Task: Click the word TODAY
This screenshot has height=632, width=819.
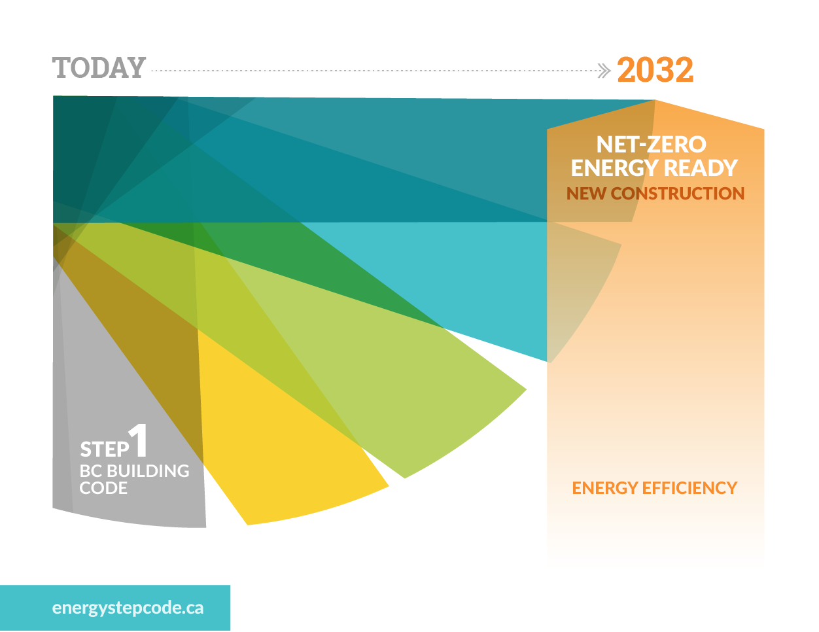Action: pos(99,68)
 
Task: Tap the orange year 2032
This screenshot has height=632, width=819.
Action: pos(655,70)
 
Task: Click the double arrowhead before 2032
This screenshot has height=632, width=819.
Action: pos(604,71)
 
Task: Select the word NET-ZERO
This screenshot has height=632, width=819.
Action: pos(652,145)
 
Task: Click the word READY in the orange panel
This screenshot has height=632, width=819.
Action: pos(701,168)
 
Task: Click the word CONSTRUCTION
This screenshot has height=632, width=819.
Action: pos(678,194)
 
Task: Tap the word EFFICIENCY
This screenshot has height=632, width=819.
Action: pos(689,488)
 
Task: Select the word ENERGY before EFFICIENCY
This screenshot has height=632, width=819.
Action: pos(605,488)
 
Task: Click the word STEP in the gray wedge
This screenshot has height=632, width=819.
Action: pos(105,449)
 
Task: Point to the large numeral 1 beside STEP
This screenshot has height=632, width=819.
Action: pos(138,440)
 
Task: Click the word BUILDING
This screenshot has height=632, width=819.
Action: pos(148,471)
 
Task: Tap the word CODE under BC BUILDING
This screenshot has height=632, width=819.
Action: pos(103,489)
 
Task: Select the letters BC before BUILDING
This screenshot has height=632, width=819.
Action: pos(91,471)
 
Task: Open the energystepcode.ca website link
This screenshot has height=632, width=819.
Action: pos(128,608)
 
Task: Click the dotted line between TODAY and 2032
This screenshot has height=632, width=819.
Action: pos(374,71)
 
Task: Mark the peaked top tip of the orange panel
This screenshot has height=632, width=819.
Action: pos(655,100)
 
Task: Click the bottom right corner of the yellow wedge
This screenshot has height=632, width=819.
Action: pos(389,487)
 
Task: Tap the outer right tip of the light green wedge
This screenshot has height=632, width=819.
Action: pos(527,389)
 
